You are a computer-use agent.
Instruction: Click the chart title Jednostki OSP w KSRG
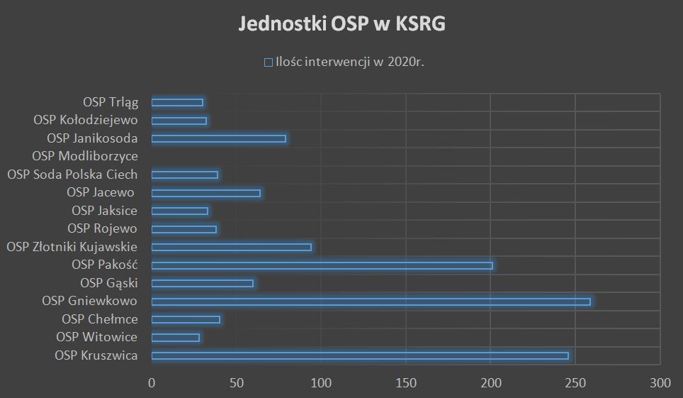pos(341,24)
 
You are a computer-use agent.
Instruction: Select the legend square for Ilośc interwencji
pos(268,62)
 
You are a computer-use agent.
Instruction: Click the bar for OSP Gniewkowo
pos(371,302)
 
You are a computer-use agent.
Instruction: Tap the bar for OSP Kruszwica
pos(360,355)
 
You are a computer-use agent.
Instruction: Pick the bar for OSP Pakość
pos(322,265)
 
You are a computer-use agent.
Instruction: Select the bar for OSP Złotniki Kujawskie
pos(231,247)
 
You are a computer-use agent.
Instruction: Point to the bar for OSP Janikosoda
pos(218,138)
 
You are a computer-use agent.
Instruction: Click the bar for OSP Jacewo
pos(205,193)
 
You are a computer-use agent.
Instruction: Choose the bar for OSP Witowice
pos(175,338)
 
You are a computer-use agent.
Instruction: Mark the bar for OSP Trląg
pos(177,102)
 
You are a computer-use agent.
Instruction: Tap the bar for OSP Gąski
pos(202,283)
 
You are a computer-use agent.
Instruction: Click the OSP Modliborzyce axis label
pos(85,156)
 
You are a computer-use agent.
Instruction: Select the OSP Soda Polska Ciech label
pos(72,175)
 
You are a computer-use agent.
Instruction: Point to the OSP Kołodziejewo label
pos(86,121)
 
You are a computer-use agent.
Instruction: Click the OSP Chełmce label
pos(100,319)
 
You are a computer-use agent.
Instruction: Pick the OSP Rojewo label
pos(102,228)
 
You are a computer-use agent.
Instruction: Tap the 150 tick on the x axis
pos(405,384)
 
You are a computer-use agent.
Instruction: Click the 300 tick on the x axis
pos(660,384)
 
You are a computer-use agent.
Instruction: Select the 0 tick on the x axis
pos(152,384)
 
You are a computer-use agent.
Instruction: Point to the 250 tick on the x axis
pos(575,384)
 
